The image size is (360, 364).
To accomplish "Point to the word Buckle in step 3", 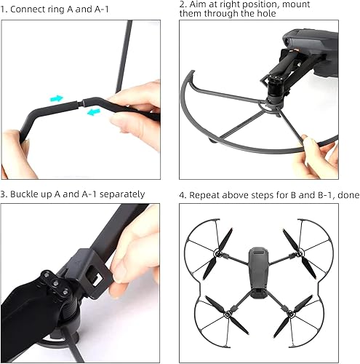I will (x=26, y=194).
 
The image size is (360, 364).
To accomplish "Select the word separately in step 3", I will (x=118, y=194).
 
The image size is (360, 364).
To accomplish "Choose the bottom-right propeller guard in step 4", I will (x=302, y=313).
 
